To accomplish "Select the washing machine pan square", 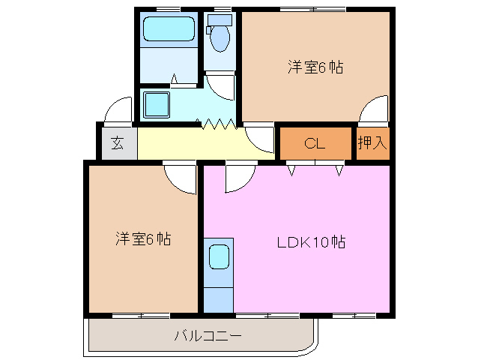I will click(157, 103).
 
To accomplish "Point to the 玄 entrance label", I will click(118, 142).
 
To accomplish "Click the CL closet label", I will click(315, 143).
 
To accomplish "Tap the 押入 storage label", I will click(372, 142).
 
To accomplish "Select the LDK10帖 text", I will click(311, 242).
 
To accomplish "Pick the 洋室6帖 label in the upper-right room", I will click(315, 67).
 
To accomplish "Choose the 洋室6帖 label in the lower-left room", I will click(142, 239).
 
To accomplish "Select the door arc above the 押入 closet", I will click(372, 111).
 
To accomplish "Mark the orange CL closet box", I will click(315, 143).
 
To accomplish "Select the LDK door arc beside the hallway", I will click(240, 177).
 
